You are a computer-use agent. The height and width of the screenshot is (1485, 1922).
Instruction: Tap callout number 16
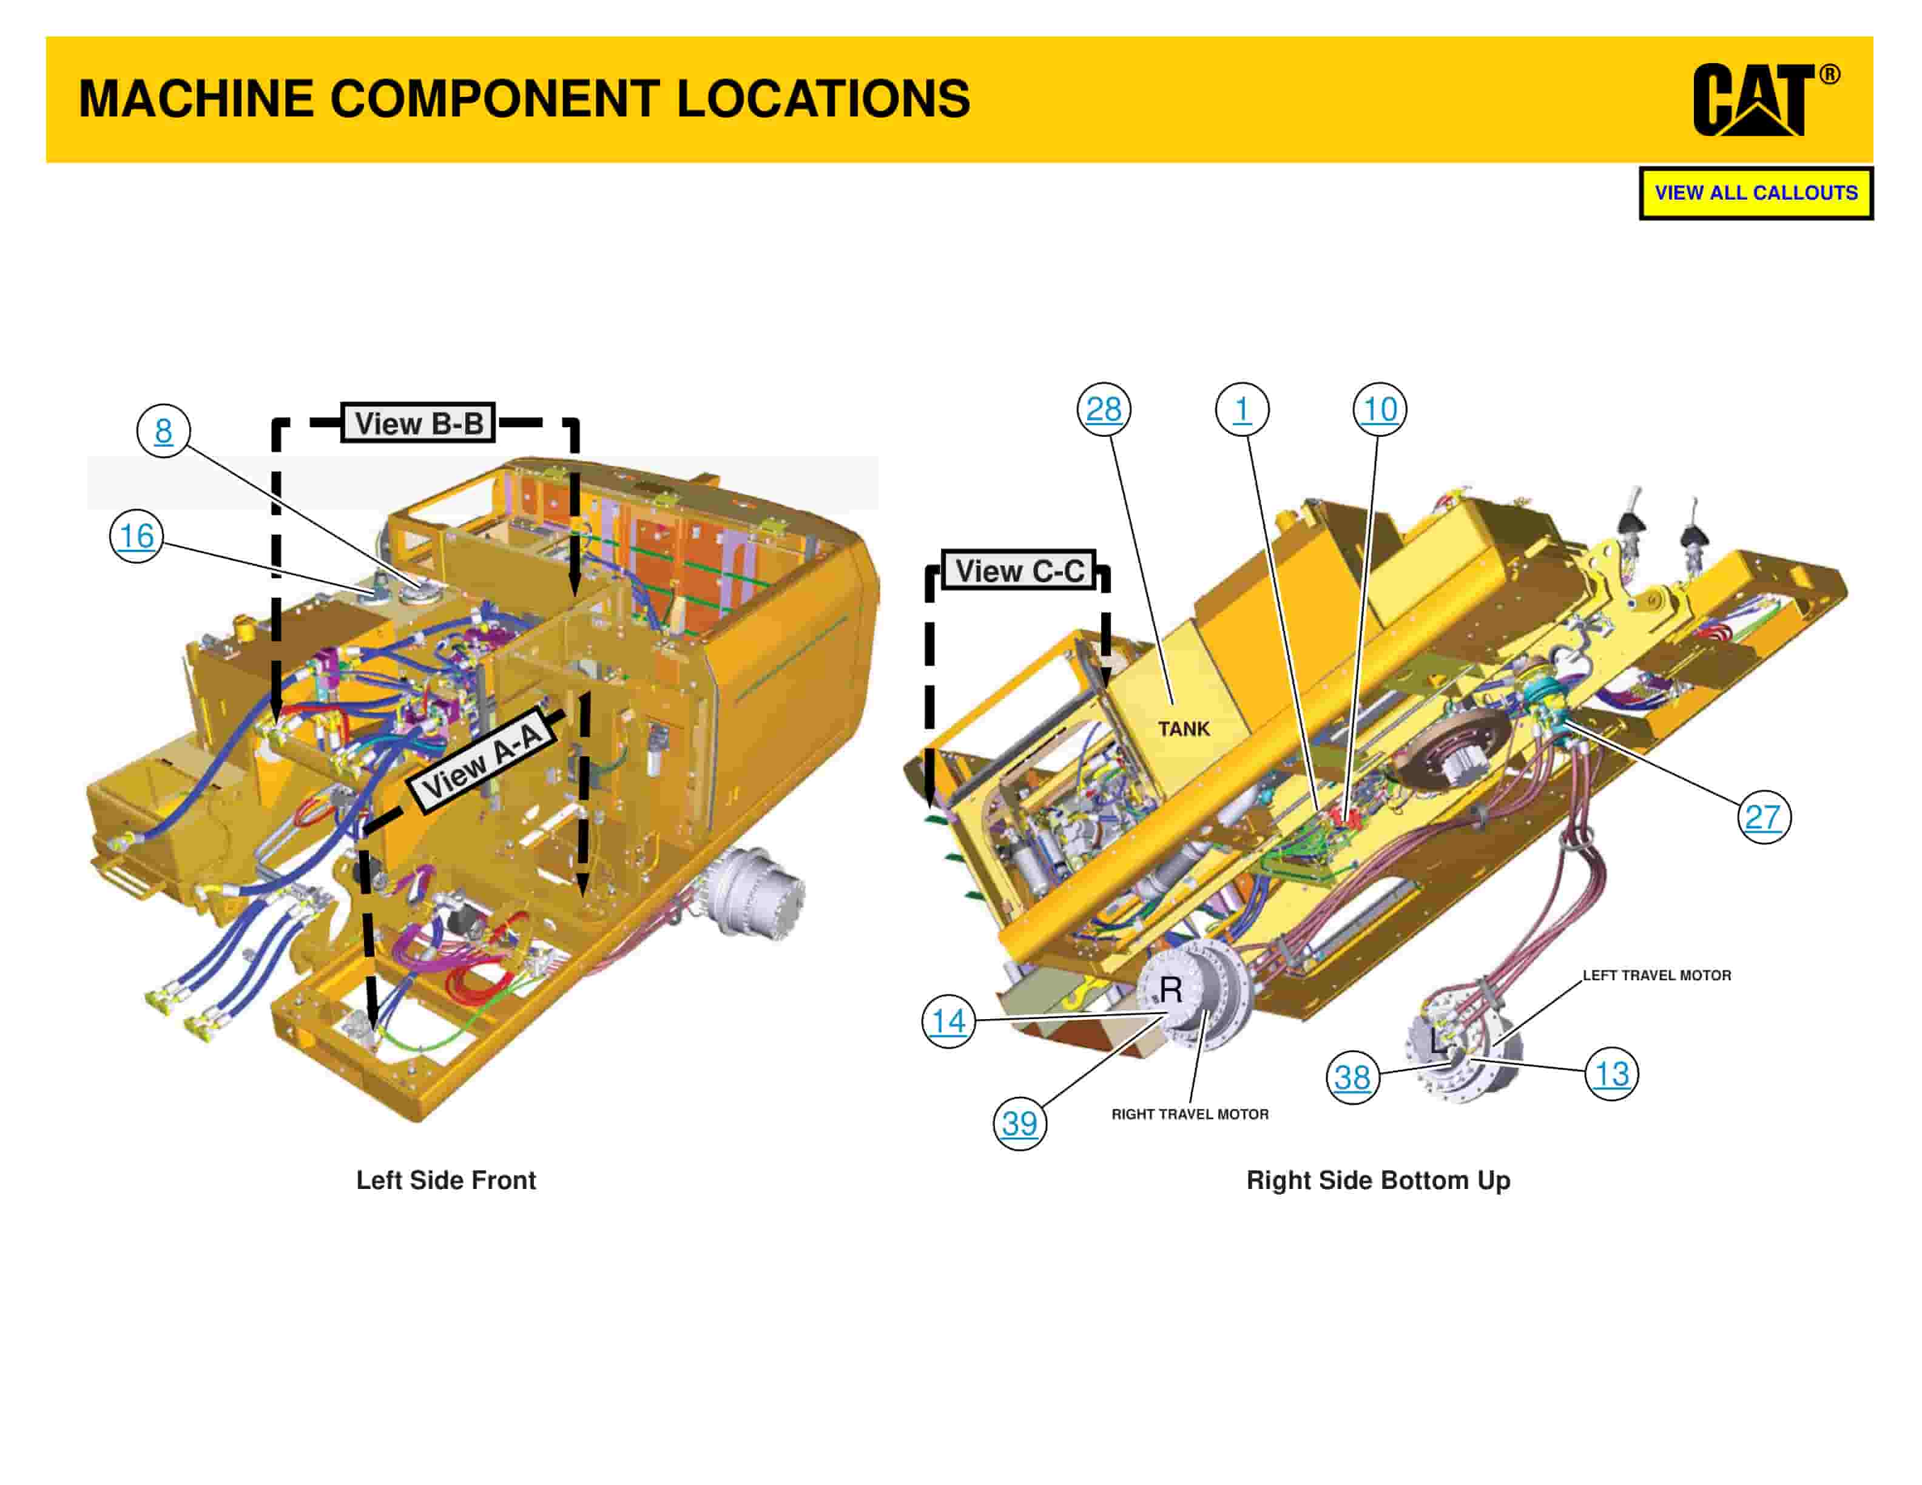tap(137, 535)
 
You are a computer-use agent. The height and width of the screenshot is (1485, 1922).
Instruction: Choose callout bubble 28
tap(1104, 409)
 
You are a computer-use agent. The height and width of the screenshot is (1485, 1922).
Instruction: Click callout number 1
tap(1242, 409)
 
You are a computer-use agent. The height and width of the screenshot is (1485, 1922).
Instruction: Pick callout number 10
tap(1379, 409)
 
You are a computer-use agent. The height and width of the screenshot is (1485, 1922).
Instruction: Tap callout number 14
tap(948, 1022)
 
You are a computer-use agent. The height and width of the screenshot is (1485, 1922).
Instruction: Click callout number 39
tap(1019, 1123)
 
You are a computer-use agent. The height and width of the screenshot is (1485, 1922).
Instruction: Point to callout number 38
tap(1352, 1077)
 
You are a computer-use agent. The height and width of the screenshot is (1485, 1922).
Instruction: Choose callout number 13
tap(1611, 1073)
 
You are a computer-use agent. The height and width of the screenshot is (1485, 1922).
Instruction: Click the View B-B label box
tap(418, 423)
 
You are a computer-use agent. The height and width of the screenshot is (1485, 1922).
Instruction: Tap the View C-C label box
tap(1019, 571)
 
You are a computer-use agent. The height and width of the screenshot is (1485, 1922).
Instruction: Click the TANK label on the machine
tap(1184, 729)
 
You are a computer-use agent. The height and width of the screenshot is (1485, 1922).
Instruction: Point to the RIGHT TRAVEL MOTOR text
tap(1190, 1114)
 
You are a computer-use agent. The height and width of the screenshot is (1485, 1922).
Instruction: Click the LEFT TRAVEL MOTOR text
tap(1656, 975)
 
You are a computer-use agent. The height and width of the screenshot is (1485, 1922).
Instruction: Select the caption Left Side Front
tap(445, 1180)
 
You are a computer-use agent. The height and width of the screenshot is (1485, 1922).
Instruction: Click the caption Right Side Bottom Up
tap(1378, 1180)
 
